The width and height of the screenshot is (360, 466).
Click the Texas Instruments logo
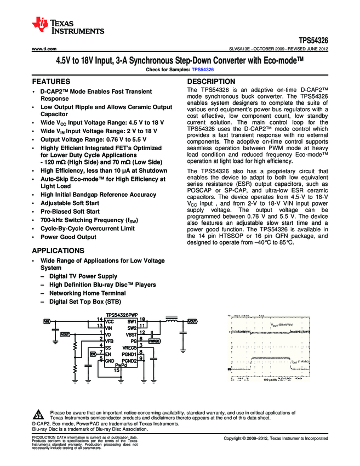(68, 25)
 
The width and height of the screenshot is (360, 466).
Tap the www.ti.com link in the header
(43, 49)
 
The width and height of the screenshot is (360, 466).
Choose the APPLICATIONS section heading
(58, 251)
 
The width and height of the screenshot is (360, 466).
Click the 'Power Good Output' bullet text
(68, 237)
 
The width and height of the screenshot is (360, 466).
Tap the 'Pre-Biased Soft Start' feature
(70, 211)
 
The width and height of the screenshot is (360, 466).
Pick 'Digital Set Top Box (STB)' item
(85, 302)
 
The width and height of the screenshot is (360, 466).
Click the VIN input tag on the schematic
(47, 321)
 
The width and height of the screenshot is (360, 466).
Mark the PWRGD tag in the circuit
(155, 340)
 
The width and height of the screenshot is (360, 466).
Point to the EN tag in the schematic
(93, 354)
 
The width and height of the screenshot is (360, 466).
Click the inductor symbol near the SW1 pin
(171, 320)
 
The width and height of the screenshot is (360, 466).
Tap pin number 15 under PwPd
(117, 371)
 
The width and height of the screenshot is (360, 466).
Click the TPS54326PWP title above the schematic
(121, 314)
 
